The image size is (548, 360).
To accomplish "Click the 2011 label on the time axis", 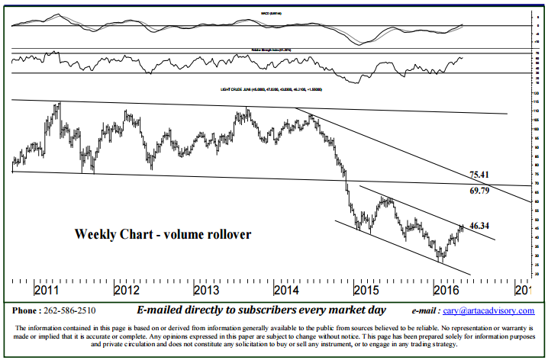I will [x=47, y=291].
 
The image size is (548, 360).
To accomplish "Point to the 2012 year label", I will [x=126, y=291].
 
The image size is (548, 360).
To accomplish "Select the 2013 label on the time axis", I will [x=207, y=291].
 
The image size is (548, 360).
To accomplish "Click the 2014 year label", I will [x=287, y=291].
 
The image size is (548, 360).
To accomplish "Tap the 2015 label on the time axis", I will [x=366, y=291].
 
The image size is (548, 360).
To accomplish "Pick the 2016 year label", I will [x=445, y=291].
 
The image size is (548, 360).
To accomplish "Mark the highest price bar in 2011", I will [x=59, y=105].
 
